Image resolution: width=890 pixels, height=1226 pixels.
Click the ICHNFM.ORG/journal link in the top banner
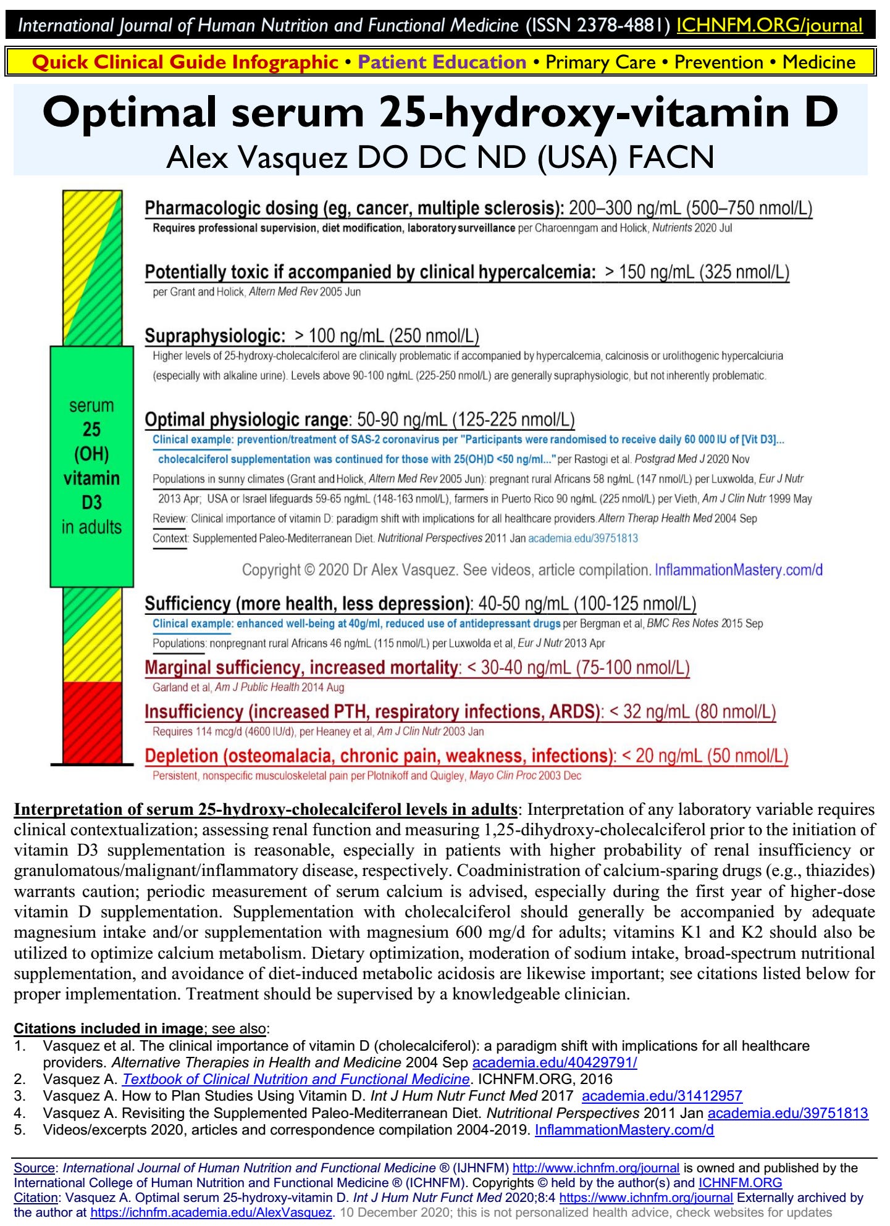769,25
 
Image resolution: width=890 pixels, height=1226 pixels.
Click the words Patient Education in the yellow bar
442,62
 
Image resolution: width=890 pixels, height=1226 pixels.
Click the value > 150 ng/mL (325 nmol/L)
697,272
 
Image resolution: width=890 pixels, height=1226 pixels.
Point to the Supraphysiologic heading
215,336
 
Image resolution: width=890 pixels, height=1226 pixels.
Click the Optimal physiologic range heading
246,420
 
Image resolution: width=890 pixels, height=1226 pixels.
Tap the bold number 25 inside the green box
91,430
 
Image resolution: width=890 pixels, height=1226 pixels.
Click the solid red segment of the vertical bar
92,722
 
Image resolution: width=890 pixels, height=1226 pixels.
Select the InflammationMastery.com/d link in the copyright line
738,570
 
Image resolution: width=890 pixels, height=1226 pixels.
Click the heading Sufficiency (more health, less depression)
308,604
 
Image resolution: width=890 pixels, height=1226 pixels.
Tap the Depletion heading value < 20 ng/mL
704,756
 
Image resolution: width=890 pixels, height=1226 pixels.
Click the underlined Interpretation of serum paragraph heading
266,809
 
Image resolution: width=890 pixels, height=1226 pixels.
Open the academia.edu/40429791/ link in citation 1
554,1062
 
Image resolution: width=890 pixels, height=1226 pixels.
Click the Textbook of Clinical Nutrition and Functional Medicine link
296,1079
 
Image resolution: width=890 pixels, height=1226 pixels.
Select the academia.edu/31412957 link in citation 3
661,1096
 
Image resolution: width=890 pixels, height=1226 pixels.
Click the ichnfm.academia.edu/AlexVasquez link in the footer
211,1212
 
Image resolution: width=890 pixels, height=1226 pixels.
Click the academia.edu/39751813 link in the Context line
582,538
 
